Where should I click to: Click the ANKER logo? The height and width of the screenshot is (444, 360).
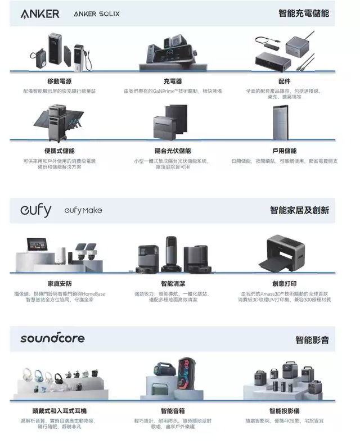pos(40,14)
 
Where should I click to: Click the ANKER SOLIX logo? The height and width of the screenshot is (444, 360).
pos(97,14)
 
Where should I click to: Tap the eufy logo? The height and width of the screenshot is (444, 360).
pos(35,210)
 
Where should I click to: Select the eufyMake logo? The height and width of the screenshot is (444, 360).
pos(83,211)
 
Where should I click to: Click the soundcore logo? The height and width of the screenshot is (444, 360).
pos(52,338)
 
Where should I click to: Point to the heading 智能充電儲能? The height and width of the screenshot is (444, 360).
pos(304,13)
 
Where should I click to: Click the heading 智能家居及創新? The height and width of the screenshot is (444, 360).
pos(299,210)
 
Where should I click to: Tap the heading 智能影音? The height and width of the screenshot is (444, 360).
pos(312,339)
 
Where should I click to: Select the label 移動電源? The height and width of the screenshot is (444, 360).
pos(59,81)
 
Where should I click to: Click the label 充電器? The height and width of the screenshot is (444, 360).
pos(173,81)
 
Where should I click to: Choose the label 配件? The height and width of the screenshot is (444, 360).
pos(284,81)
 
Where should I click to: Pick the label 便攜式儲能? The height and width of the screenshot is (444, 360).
pos(59,151)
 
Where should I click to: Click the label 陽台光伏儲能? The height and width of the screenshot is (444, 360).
pos(173,151)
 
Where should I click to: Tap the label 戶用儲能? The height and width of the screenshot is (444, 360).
pos(284,151)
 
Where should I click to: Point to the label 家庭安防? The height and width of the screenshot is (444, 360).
pos(59,283)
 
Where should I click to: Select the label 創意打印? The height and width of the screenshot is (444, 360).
pos(284,283)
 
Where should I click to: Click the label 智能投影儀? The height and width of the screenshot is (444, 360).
pos(284,411)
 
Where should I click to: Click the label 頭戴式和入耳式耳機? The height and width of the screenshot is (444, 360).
pos(59,411)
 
